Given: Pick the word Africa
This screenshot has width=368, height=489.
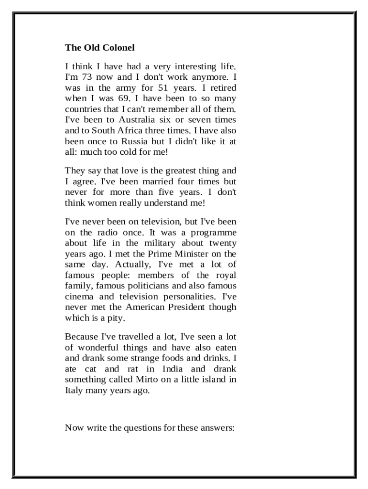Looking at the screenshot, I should (x=132, y=130).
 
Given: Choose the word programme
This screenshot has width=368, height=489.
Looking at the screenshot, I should (x=212, y=233).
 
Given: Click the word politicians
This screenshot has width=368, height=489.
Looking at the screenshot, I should (x=142, y=286).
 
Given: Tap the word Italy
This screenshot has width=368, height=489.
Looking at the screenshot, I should (x=74, y=390).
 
